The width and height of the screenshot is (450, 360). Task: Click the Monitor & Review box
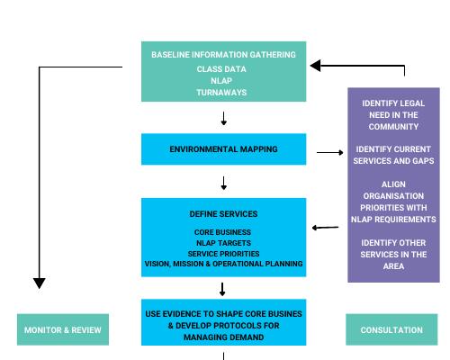[63, 329]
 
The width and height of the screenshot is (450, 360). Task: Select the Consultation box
[391, 329]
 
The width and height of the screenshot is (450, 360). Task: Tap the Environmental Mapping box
[223, 149]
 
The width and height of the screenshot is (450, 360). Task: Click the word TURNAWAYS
[221, 93]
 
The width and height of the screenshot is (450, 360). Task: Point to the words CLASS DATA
[221, 69]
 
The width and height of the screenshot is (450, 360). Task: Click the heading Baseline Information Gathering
[223, 55]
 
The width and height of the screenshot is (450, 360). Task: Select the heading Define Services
[223, 214]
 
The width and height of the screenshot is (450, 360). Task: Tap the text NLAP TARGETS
[223, 243]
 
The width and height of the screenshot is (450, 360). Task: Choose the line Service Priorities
[223, 254]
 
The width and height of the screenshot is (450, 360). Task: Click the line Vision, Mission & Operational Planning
[223, 264]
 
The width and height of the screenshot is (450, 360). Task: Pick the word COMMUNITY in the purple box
[393, 127]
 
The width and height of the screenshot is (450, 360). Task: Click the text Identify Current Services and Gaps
[393, 155]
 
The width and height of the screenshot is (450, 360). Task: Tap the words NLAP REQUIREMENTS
[393, 220]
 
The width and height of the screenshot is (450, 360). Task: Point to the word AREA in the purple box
[393, 266]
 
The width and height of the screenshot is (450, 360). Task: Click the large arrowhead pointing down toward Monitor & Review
[40, 283]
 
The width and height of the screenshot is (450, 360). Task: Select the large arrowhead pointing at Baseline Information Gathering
[316, 66]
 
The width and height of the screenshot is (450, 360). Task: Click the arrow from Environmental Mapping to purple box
[330, 152]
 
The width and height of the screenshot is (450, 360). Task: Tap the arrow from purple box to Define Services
[325, 228]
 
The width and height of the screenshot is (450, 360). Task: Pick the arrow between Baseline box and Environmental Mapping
[223, 119]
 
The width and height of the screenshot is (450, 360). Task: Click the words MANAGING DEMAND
[223, 337]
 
